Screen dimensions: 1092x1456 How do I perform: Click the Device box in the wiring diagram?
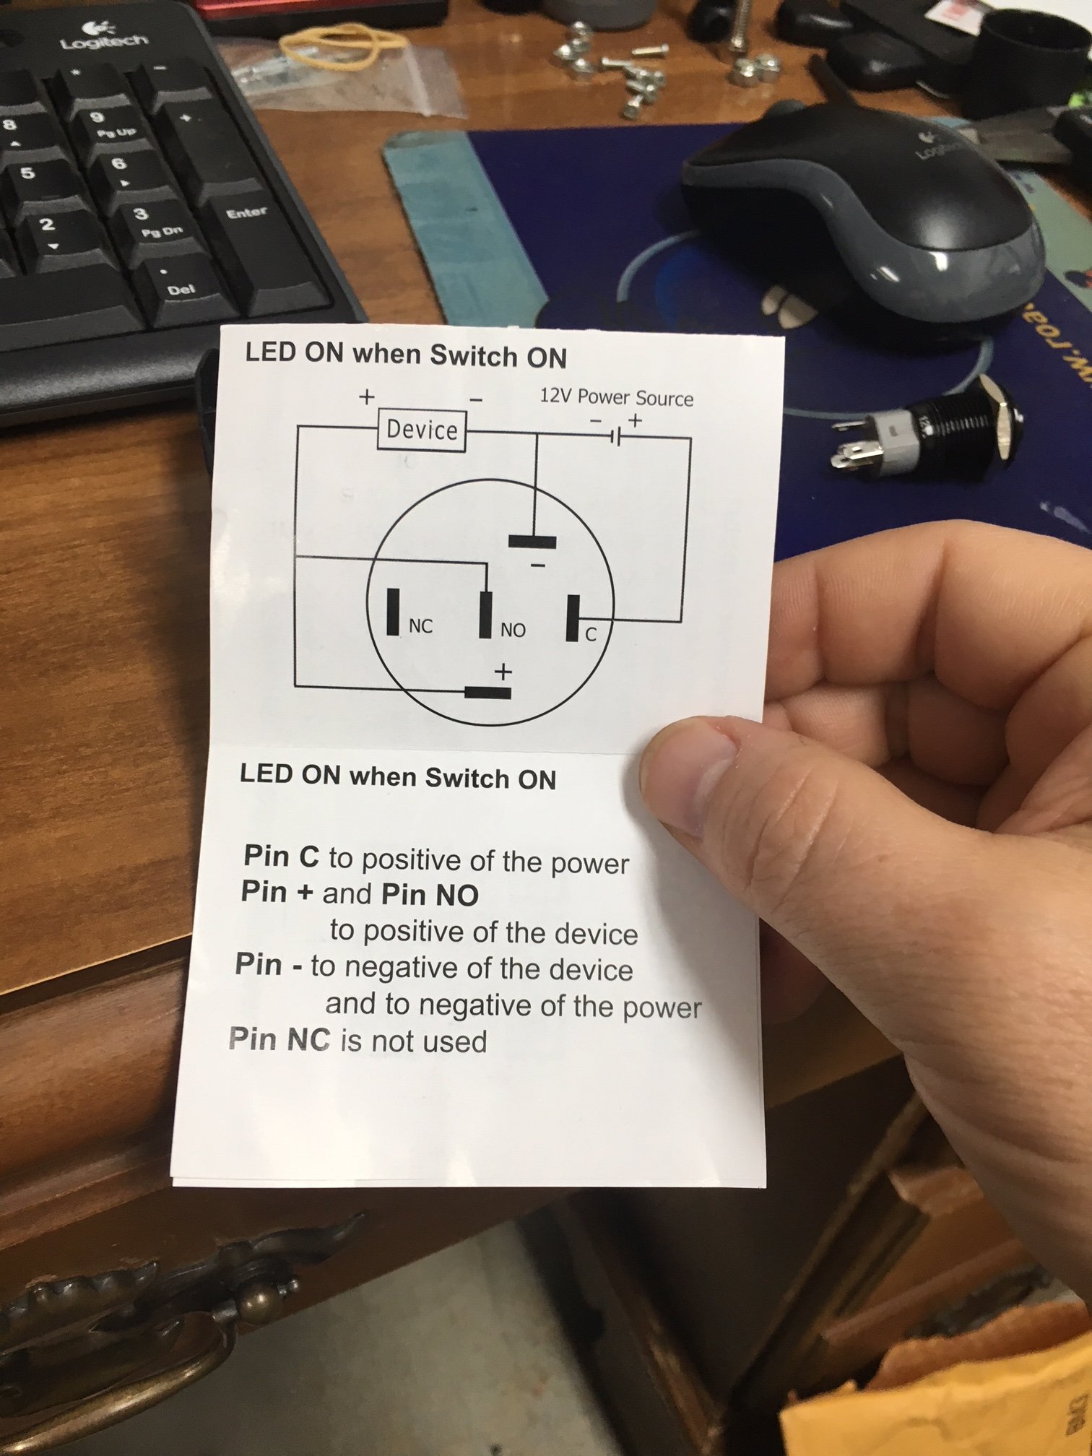(x=422, y=430)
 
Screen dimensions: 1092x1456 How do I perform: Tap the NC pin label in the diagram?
(x=420, y=626)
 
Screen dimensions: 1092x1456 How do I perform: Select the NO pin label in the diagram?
(x=513, y=630)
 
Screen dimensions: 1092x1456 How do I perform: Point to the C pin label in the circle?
(x=591, y=635)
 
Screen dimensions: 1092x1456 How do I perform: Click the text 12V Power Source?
(x=616, y=397)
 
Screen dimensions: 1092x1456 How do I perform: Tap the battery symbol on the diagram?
(x=615, y=435)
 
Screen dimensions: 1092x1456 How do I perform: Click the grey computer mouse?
(x=867, y=209)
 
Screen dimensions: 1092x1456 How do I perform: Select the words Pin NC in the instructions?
(x=279, y=1039)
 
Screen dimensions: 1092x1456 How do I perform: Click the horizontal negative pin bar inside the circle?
(x=532, y=541)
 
